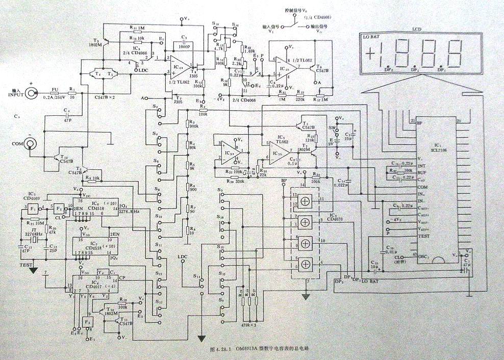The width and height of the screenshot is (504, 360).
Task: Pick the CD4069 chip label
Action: tap(30, 197)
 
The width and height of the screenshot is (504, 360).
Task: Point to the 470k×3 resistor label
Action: tap(248, 323)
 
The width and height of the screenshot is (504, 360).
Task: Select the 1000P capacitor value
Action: tap(185, 45)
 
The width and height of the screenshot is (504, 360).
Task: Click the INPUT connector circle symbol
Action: tap(31, 93)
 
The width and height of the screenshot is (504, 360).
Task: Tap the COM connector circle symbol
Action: tap(31, 144)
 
